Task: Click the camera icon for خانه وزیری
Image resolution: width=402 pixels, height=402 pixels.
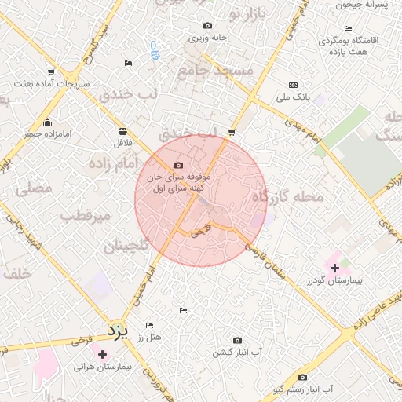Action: tap(207, 26)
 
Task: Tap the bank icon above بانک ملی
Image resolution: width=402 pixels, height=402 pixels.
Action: tap(294, 85)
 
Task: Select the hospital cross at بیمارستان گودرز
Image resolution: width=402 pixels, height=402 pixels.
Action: tap(335, 268)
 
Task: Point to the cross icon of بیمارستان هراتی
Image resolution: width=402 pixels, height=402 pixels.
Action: tap(102, 355)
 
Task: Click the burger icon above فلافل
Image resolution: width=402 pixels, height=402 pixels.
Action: tap(122, 131)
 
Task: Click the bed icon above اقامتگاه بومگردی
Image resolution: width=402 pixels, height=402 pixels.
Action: tap(325, 26)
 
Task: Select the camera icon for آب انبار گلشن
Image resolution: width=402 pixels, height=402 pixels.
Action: tap(237, 340)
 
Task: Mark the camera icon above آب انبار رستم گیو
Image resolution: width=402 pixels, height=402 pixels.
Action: tap(302, 377)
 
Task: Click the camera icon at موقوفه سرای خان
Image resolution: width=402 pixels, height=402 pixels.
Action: tap(178, 165)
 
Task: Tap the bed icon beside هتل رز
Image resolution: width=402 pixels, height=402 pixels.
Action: tap(149, 326)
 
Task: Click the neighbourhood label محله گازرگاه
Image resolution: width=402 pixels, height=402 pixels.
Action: tap(287, 198)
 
